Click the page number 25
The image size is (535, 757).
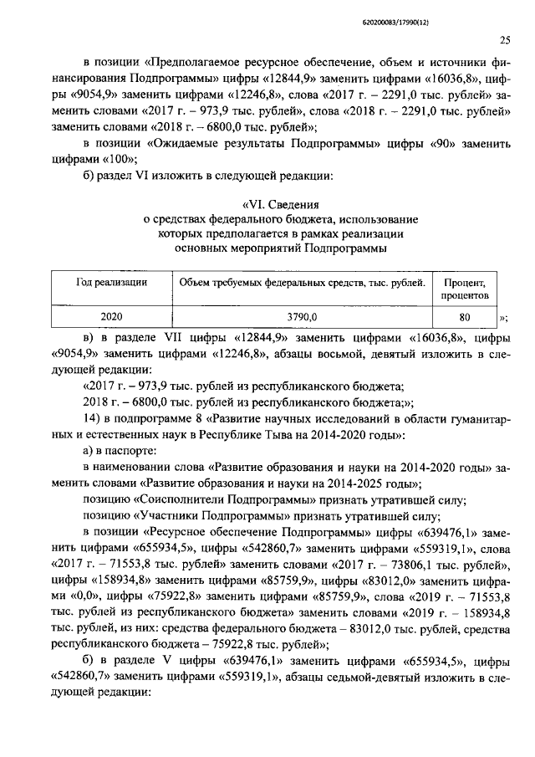(x=505, y=39)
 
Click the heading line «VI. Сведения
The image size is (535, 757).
(x=280, y=203)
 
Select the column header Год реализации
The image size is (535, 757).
(x=112, y=284)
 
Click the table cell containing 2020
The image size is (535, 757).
(x=112, y=317)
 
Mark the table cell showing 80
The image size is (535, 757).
(x=465, y=317)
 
